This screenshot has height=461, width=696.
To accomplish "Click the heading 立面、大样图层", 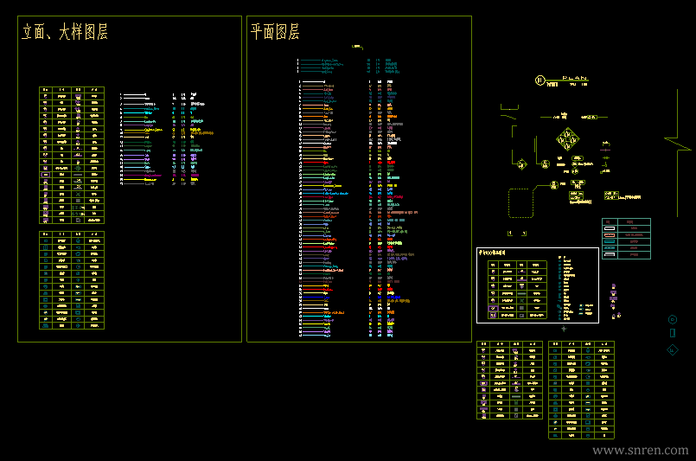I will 65,33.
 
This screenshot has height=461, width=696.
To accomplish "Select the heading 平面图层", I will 275,33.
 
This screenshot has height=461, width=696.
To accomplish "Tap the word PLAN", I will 574,79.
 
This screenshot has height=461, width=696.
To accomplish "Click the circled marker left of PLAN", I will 540,80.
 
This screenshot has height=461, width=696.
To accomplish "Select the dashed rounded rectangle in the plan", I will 520,202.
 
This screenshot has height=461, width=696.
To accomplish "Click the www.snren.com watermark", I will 640,451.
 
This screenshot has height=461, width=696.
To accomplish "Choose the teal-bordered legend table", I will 626,238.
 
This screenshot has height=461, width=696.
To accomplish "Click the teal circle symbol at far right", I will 673,319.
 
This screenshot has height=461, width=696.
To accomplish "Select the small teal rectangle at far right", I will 673,333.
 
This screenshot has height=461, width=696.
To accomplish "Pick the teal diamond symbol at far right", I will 673,349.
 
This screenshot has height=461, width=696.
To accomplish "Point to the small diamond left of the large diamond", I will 521,163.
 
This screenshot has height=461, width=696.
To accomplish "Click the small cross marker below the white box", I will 564,329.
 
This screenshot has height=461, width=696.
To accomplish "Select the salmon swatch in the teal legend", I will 609,234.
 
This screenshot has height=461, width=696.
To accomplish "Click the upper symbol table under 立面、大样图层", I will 72,154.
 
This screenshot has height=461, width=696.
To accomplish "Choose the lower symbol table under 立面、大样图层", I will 72,280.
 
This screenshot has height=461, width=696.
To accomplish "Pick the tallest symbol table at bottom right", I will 582,390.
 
